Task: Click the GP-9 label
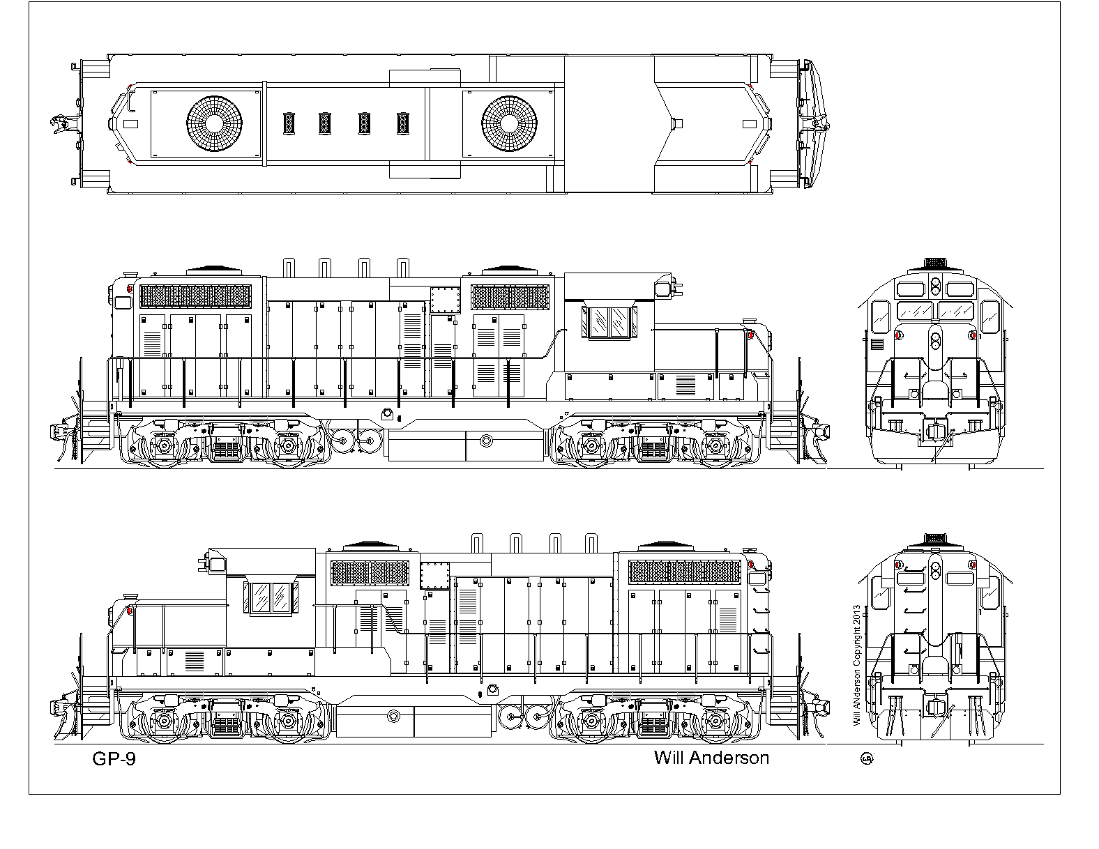pos(114,759)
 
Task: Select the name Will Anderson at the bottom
pos(711,758)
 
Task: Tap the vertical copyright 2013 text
pos(857,666)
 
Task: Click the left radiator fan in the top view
pos(215,123)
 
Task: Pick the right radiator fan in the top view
pos(509,123)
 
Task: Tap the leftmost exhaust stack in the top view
pos(289,123)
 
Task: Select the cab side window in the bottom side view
pos(271,598)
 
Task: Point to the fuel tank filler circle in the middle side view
pos(486,441)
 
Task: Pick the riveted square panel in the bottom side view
pos(435,576)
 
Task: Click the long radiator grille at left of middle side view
pos(195,297)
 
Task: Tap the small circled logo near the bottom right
pos(867,758)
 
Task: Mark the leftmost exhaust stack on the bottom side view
pos(477,543)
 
